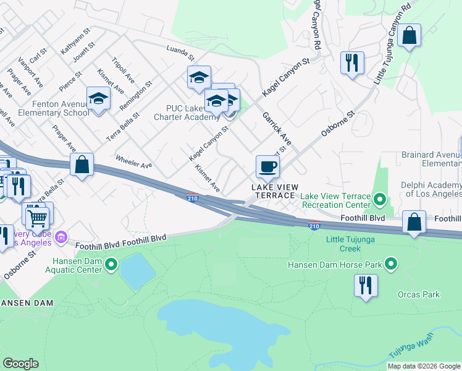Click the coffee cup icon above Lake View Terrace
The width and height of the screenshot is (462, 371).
pos(267,166)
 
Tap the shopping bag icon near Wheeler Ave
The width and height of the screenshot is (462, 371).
pos(82,165)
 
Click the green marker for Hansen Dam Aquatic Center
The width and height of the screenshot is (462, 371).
pos(111,265)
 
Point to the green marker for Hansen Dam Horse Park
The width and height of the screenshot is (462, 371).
pos(390,264)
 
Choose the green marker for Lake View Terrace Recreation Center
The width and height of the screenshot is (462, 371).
pos(380,200)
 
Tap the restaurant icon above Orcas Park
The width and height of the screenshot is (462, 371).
pos(366,286)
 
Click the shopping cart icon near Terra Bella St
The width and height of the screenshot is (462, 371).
pos(37,217)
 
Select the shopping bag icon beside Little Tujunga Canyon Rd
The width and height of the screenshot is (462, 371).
pos(409,36)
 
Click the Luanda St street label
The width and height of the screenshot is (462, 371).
pos(180,53)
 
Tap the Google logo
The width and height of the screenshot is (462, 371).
pos(20,364)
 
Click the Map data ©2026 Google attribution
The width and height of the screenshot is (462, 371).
pos(423,366)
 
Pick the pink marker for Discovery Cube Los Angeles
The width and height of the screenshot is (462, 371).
pos(61,237)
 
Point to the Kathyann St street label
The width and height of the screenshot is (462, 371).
pos(75,45)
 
